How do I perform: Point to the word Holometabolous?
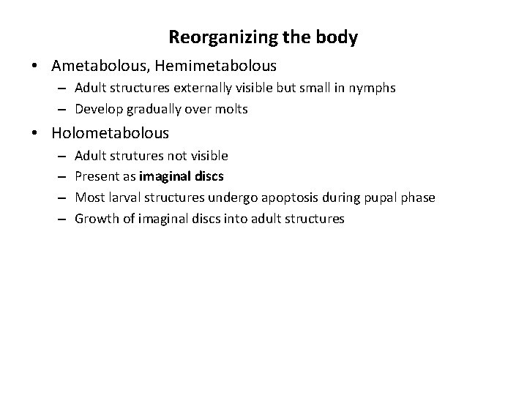coord(111,133)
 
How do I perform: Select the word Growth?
coord(94,218)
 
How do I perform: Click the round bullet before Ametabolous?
coord(36,67)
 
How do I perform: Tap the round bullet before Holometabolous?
coord(36,134)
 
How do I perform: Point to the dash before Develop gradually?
coord(64,109)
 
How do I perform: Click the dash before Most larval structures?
coord(64,197)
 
